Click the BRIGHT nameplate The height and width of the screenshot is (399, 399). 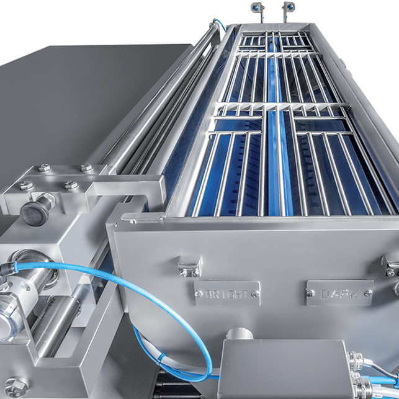[x=227, y=294]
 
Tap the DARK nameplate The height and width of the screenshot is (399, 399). [x=339, y=293]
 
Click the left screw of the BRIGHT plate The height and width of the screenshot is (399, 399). [x=197, y=294]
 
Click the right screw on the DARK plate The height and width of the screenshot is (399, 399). [x=368, y=294]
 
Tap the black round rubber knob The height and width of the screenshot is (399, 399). [x=35, y=212]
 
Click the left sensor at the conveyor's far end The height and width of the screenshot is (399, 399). [x=257, y=9]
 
